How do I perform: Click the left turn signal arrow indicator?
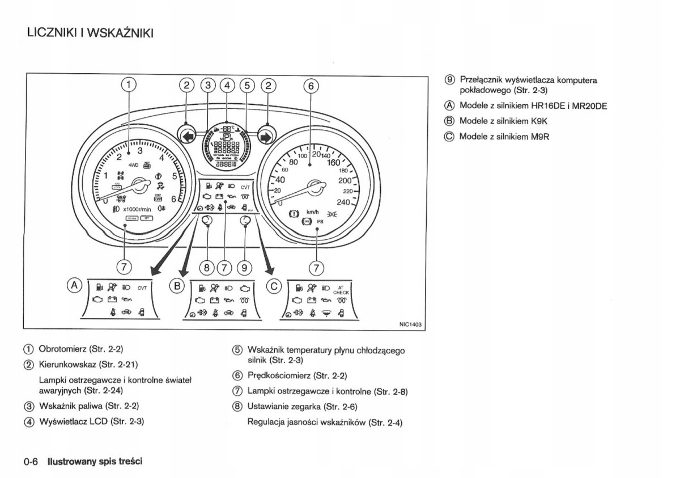pyautogui.click(x=188, y=136)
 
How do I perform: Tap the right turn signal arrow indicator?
pyautogui.click(x=265, y=136)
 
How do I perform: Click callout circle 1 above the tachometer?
pyautogui.click(x=129, y=86)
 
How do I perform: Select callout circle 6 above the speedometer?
pyautogui.click(x=311, y=86)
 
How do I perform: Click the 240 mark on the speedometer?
pyautogui.click(x=343, y=202)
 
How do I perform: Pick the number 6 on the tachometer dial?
pyautogui.click(x=173, y=200)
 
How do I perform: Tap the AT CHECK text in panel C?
pyautogui.click(x=341, y=290)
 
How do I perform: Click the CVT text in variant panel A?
pyautogui.click(x=142, y=288)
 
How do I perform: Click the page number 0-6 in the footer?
pyautogui.click(x=31, y=461)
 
